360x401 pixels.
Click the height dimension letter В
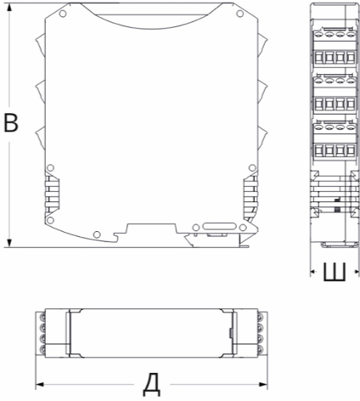click(11, 123)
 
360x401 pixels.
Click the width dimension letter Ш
click(335, 272)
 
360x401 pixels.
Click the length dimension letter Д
click(152, 385)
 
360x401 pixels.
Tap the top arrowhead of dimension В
click(9, 8)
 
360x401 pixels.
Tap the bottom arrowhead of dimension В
click(9, 243)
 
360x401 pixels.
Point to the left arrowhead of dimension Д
click(40, 384)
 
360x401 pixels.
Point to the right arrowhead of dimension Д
click(263, 384)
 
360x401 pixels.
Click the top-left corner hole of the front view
click(63, 14)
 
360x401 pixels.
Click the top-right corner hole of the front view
click(239, 14)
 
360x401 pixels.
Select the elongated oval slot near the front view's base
click(219, 227)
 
